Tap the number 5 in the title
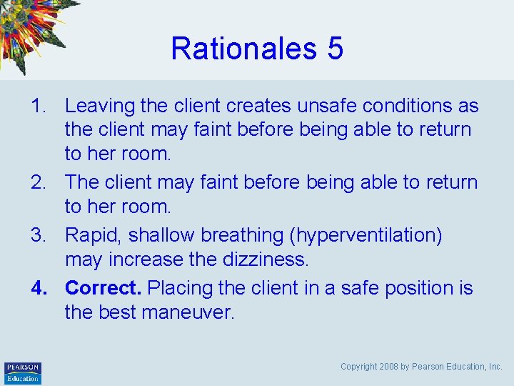click(336, 49)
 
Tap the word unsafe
click(323, 107)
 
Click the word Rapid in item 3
click(89, 235)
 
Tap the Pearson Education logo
click(23, 372)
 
